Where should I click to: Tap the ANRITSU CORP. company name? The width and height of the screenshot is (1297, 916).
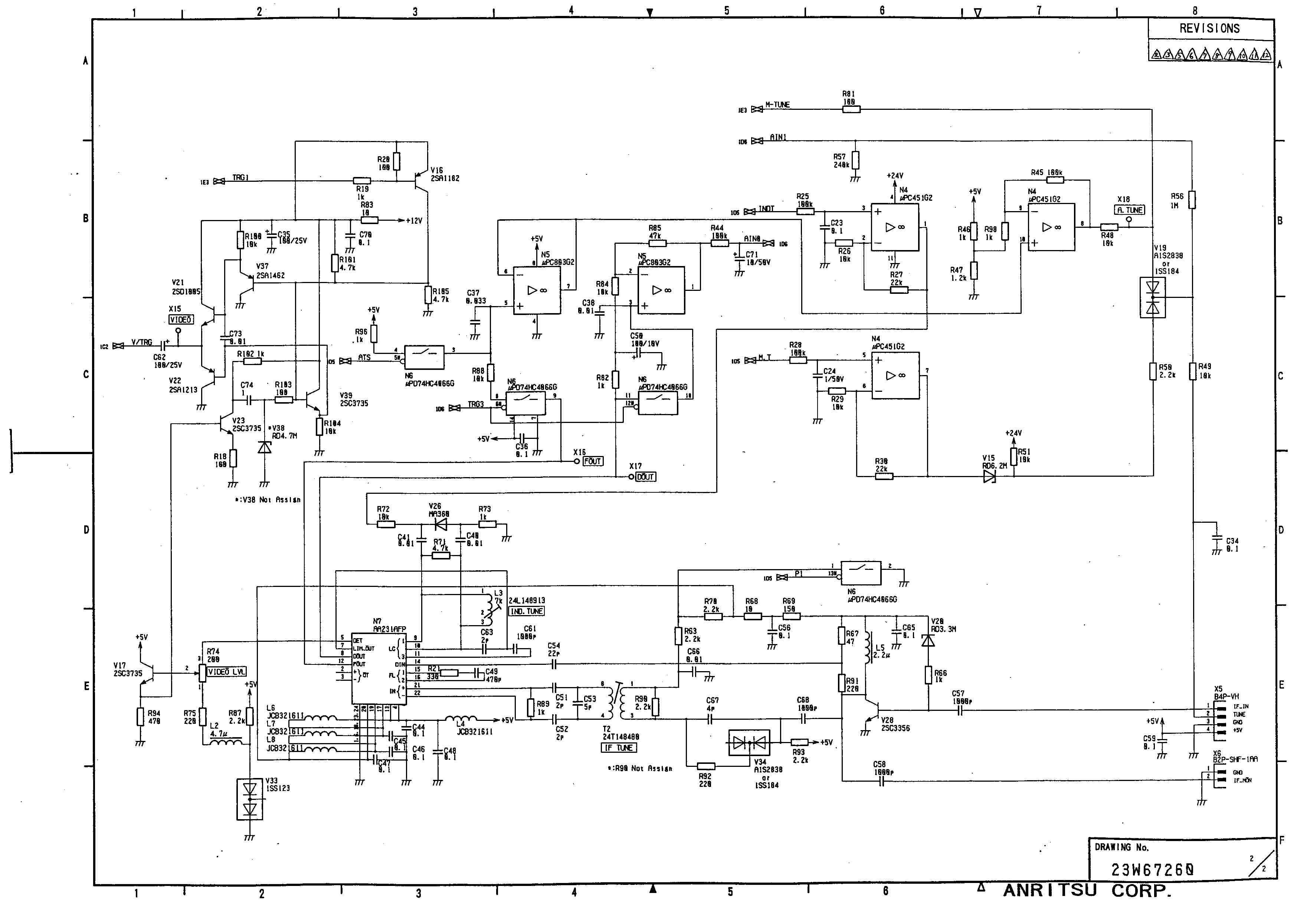1087,891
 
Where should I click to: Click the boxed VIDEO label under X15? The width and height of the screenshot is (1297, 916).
181,320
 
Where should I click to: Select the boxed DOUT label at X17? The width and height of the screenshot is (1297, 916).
646,477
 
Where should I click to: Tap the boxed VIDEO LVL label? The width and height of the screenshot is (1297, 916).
226,672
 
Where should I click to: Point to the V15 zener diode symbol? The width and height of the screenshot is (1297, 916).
989,477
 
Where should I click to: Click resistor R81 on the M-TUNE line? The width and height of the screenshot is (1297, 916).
851,109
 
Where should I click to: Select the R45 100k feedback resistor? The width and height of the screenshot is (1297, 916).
1055,180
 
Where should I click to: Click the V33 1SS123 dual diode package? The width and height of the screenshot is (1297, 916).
249,799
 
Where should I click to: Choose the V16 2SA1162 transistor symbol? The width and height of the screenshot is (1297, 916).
421,181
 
